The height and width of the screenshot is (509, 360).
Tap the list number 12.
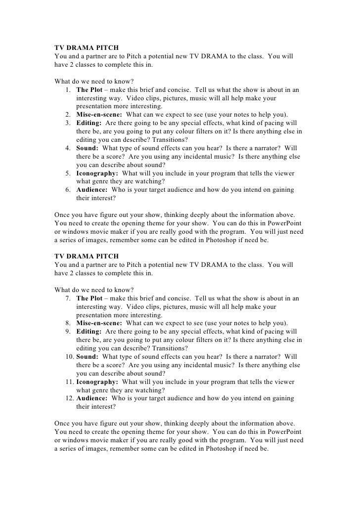68,398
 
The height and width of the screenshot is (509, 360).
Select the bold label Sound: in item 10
88,356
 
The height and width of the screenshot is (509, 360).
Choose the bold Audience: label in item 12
92,398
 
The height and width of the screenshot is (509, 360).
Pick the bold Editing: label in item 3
90,122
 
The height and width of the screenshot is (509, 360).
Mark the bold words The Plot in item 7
90,298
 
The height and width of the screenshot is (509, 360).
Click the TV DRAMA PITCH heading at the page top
86,47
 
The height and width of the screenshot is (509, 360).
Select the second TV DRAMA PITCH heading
86,256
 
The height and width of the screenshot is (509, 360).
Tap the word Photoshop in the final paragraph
216,449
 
